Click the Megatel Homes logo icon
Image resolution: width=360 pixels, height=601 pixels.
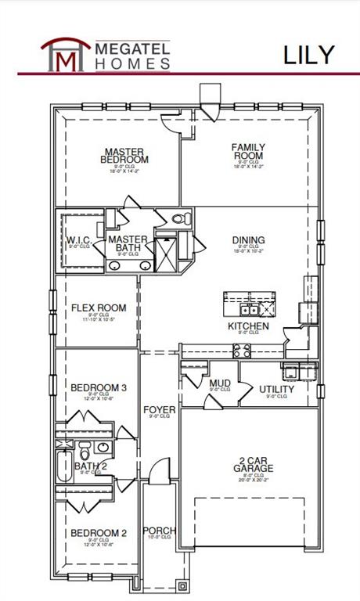click(63, 53)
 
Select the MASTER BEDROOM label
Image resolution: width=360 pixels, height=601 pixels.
click(126, 155)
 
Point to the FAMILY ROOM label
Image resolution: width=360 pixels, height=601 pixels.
click(248, 151)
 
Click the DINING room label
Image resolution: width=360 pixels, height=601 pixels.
click(248, 241)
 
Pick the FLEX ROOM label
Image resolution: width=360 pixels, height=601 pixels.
click(99, 308)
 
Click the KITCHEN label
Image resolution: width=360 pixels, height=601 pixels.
click(248, 326)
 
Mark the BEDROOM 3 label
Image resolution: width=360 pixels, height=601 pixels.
click(99, 387)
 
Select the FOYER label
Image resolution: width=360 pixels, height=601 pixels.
click(159, 410)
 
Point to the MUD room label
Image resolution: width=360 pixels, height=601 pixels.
click(220, 383)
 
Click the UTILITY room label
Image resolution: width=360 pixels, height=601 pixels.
click(276, 389)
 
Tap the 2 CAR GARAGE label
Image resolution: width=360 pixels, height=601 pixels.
click(253, 464)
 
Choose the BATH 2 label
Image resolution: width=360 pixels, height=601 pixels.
click(91, 466)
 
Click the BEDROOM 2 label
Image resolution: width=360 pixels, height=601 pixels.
click(99, 534)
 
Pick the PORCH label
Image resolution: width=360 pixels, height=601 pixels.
click(160, 531)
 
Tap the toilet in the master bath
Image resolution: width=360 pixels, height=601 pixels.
click(178, 219)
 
